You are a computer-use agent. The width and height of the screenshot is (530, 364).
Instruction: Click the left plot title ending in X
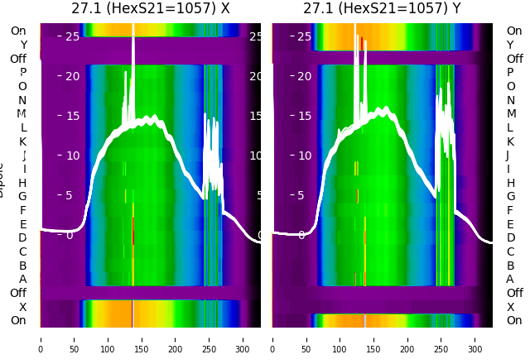150,9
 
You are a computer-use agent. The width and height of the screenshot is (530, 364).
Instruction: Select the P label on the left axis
23,73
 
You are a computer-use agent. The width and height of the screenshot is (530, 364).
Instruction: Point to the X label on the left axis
23,307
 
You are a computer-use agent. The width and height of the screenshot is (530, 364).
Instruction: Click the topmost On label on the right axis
514,31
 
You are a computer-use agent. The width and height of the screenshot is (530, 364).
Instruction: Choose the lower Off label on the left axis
18,293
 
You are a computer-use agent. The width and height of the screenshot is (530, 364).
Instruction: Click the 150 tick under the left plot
142,338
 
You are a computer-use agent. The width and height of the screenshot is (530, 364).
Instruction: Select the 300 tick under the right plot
475,338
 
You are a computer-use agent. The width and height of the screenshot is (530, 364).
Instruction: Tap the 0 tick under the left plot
40,338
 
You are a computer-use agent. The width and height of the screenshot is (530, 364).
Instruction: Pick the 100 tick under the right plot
340,338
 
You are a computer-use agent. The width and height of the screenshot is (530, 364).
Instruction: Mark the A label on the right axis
510,280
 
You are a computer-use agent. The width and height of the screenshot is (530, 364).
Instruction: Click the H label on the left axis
23,183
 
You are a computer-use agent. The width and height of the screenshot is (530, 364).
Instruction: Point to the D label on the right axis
510,238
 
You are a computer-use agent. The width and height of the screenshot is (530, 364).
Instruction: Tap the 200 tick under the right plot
407,338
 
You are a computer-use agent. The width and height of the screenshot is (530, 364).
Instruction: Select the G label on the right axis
510,197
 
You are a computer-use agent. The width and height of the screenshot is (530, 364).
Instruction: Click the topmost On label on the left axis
18,31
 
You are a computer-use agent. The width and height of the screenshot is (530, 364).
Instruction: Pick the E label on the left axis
23,224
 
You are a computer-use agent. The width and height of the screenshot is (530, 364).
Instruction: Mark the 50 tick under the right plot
306,338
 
